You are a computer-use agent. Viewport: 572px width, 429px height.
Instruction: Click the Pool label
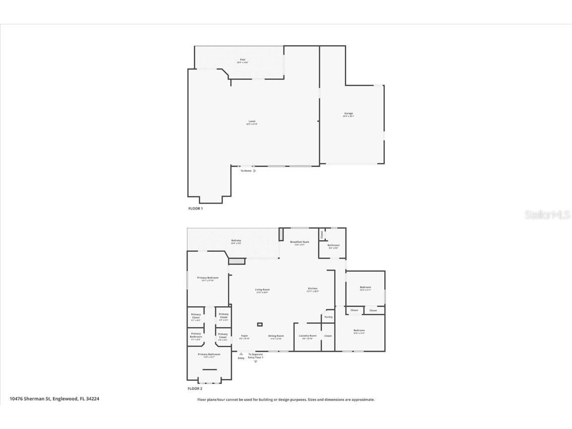click(x=242, y=60)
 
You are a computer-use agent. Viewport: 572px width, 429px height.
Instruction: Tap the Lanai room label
click(x=252, y=121)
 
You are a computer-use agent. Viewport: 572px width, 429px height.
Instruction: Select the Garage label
click(x=349, y=114)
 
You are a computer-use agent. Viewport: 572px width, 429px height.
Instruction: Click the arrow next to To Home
click(x=255, y=171)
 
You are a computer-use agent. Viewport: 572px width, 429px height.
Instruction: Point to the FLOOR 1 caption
click(x=195, y=209)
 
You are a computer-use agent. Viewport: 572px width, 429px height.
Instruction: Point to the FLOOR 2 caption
click(x=195, y=389)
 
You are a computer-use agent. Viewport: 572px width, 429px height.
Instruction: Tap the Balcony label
click(x=236, y=241)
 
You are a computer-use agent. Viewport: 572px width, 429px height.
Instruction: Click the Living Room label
click(x=262, y=290)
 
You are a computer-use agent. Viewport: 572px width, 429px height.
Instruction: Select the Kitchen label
click(x=312, y=289)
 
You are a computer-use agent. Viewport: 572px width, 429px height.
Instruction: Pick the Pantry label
click(x=328, y=317)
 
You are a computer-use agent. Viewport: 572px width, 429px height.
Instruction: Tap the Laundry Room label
click(x=307, y=336)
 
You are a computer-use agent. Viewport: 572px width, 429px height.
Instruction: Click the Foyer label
click(x=244, y=336)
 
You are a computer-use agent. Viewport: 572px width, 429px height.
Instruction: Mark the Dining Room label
click(x=276, y=336)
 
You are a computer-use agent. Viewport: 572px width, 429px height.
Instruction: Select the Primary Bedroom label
click(x=208, y=278)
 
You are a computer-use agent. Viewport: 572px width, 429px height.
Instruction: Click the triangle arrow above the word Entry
click(x=241, y=354)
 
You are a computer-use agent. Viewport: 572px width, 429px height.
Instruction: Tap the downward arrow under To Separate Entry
click(x=256, y=361)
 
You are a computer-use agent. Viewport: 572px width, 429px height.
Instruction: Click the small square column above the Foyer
click(x=259, y=325)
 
